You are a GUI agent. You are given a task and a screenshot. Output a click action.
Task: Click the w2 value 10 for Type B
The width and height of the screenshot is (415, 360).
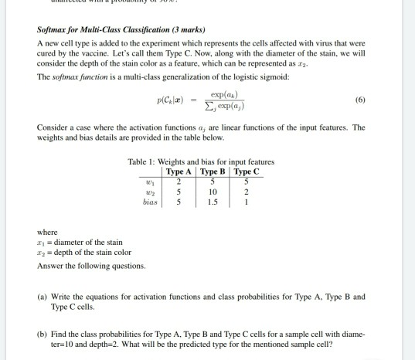tap(213, 191)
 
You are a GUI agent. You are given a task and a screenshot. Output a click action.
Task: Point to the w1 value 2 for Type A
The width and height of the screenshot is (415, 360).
tap(179, 181)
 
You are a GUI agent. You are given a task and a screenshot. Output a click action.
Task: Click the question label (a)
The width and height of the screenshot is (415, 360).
tap(43, 296)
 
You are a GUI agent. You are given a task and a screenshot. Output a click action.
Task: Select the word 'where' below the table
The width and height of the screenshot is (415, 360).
tap(47, 231)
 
